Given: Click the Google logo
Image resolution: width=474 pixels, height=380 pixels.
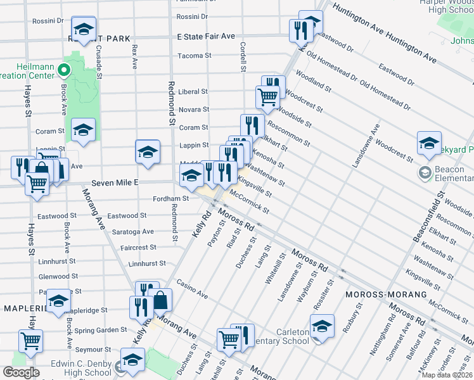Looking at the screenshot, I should click(x=21, y=372).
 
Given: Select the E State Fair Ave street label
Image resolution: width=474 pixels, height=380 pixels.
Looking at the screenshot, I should click(x=206, y=37).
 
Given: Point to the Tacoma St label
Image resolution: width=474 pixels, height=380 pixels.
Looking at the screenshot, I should click(x=194, y=56).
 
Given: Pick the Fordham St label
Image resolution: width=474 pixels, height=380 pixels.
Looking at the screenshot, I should click(x=171, y=198).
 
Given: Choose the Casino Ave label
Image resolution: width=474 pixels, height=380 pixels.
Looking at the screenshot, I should click(x=193, y=290).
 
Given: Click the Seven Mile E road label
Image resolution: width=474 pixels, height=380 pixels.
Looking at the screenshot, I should click(x=114, y=182).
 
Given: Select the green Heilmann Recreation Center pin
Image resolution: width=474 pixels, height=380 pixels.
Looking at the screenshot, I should click(x=64, y=70).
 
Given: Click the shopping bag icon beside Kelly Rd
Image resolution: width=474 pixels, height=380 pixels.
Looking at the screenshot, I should click(x=161, y=300).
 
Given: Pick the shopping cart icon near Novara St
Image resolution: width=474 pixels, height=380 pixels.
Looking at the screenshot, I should click(x=267, y=97).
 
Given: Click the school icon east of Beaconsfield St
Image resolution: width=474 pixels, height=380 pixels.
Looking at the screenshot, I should click(x=429, y=142).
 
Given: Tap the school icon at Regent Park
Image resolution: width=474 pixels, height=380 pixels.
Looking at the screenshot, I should click(x=83, y=29).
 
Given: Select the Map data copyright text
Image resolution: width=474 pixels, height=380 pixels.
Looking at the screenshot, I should click(x=447, y=375).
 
